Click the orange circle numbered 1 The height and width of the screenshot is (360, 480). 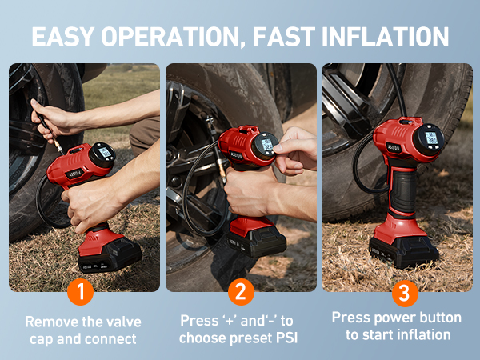(x=81, y=292)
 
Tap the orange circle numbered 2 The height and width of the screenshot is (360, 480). (x=241, y=292)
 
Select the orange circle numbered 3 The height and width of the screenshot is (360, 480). (x=405, y=294)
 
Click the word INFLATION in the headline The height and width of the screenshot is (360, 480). (x=385, y=37)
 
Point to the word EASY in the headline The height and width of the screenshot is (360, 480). (x=62, y=37)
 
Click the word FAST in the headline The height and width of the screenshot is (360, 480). (x=284, y=37)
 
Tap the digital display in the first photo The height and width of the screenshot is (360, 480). (x=105, y=152)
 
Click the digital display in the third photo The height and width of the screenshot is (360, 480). (x=431, y=138)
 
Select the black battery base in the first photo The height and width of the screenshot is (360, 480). (x=110, y=256)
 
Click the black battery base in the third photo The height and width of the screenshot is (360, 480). (x=404, y=252)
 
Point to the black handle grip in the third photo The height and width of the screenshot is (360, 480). (x=403, y=192)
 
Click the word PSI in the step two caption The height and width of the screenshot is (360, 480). (x=287, y=338)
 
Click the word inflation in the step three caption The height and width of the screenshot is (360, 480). (x=422, y=334)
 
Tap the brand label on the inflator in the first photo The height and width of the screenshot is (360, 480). (x=74, y=174)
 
